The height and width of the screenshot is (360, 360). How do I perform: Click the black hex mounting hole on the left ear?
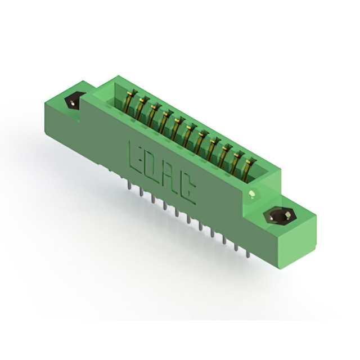click(x=72, y=101)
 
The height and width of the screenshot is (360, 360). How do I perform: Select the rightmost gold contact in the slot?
click(x=248, y=169)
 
